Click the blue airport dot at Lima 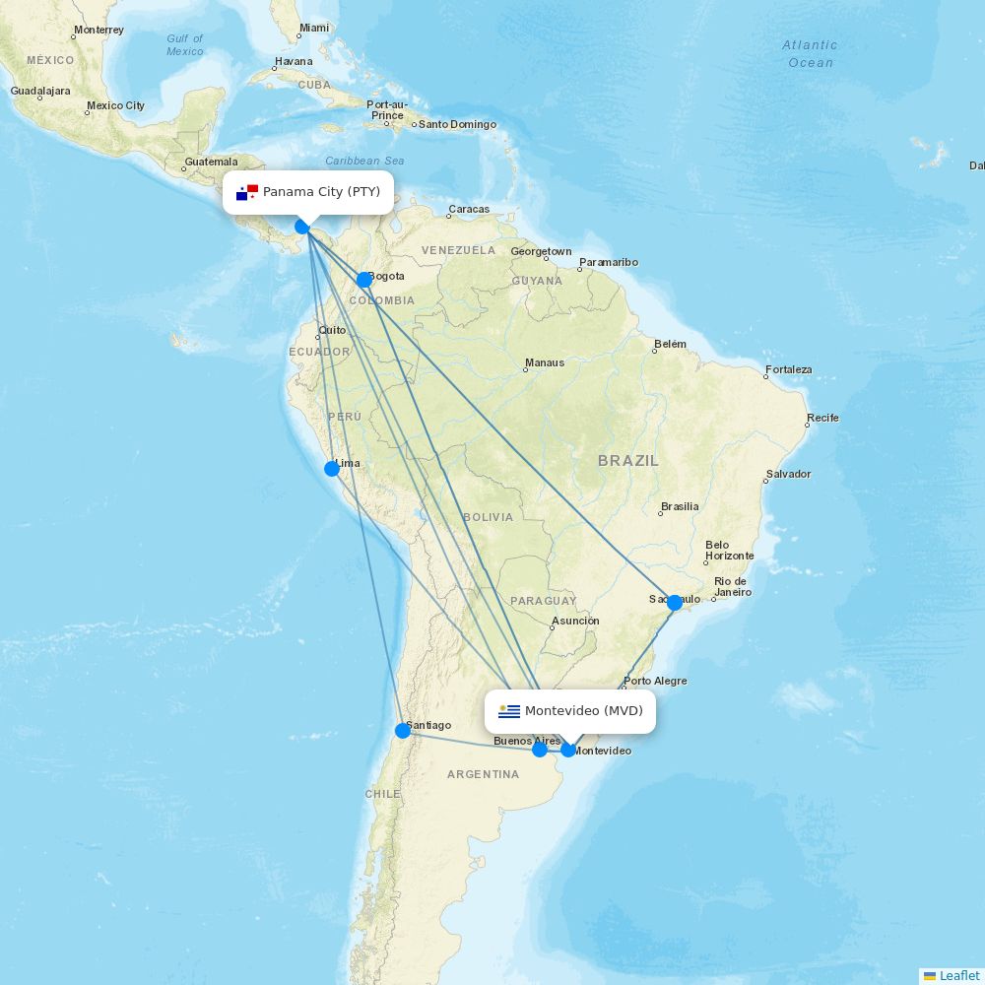click(332, 469)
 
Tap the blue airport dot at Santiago click(402, 731)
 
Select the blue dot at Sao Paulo click(675, 602)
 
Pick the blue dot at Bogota click(363, 280)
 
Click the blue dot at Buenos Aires click(540, 750)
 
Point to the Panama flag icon click(246, 192)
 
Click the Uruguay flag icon click(509, 711)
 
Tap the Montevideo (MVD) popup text click(583, 711)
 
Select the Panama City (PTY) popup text click(321, 192)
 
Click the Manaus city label click(545, 362)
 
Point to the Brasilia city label click(680, 507)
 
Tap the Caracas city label click(469, 210)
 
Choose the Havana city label click(294, 61)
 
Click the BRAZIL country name click(627, 461)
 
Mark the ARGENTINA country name click(483, 775)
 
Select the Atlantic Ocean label click(810, 54)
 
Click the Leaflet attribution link click(958, 976)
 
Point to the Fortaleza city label click(789, 370)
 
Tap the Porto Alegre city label click(656, 682)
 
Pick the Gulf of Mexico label click(185, 45)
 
